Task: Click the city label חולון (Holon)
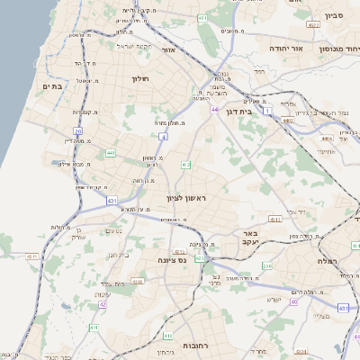click(x=139, y=78)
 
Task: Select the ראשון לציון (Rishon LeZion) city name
click(x=186, y=198)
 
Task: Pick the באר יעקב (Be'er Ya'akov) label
click(x=250, y=238)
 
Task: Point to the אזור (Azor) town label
click(x=167, y=50)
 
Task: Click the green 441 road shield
click(x=111, y=154)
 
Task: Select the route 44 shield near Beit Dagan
click(x=214, y=109)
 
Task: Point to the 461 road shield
click(x=202, y=17)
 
